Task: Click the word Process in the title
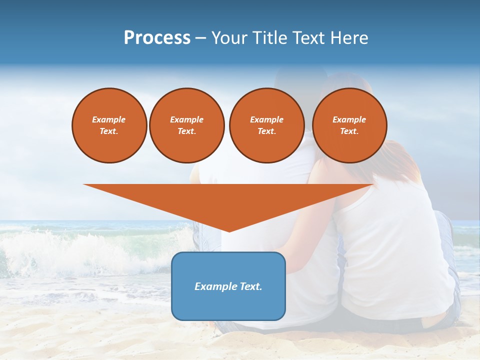(157, 38)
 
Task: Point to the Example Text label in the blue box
(228, 286)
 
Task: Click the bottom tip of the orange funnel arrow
(229, 230)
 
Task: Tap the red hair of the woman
(400, 160)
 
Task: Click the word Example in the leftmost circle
(109, 119)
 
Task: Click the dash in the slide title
(200, 38)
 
